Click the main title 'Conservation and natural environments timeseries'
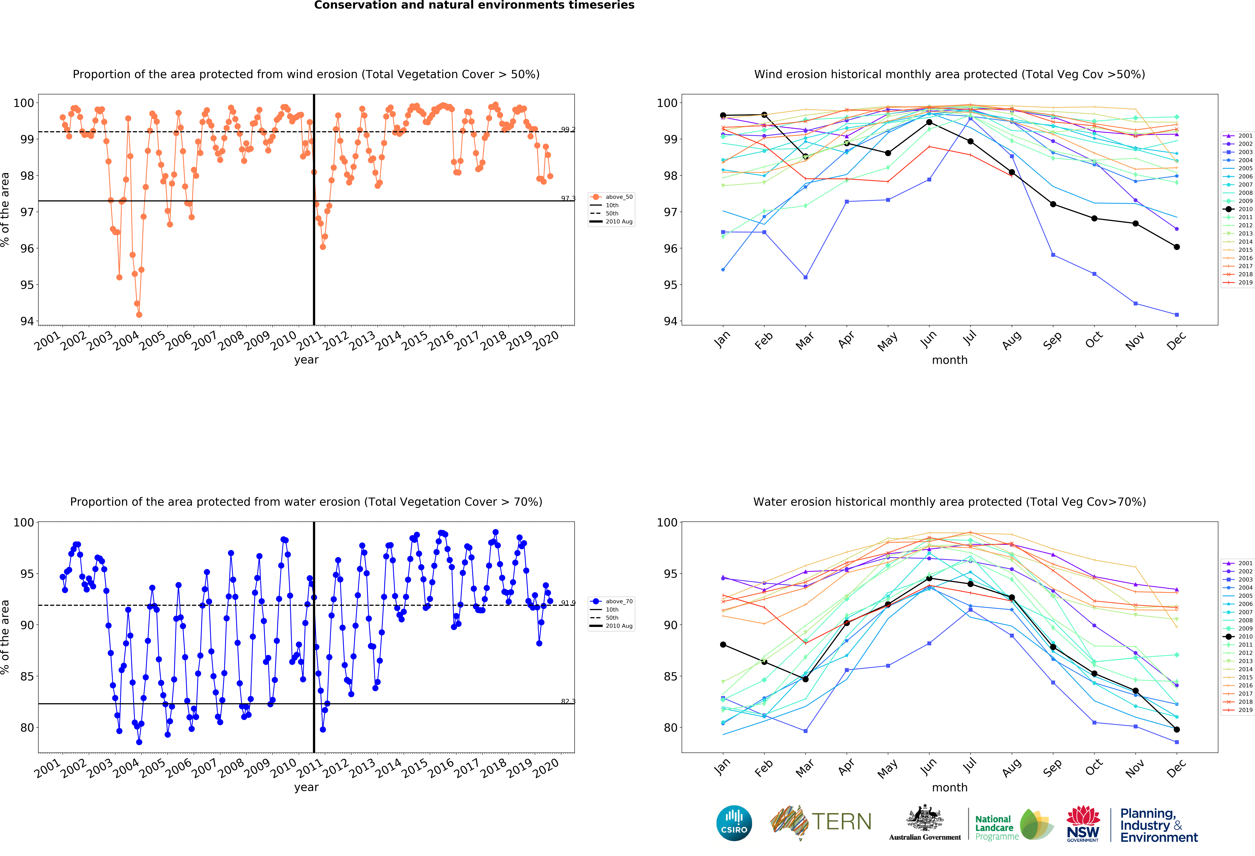[474, 5]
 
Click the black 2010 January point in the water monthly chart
[723, 645]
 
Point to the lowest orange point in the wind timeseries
[139, 315]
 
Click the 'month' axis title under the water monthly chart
[949, 787]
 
